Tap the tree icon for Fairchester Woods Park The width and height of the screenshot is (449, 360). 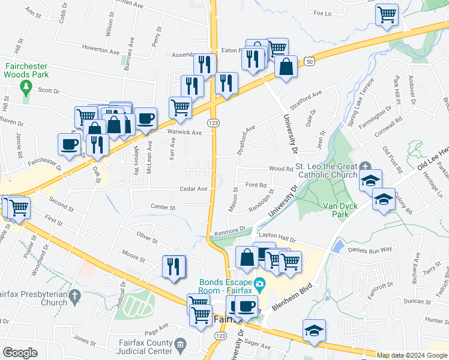26,88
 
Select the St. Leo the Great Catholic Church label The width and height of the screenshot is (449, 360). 328,171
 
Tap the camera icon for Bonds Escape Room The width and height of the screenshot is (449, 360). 259,283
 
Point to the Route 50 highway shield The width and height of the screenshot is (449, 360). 309,61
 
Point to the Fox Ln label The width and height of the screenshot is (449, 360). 322,13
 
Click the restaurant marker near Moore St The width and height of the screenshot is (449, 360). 174,266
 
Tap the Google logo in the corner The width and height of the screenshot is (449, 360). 19,353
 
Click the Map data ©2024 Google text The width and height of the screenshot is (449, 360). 412,355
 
